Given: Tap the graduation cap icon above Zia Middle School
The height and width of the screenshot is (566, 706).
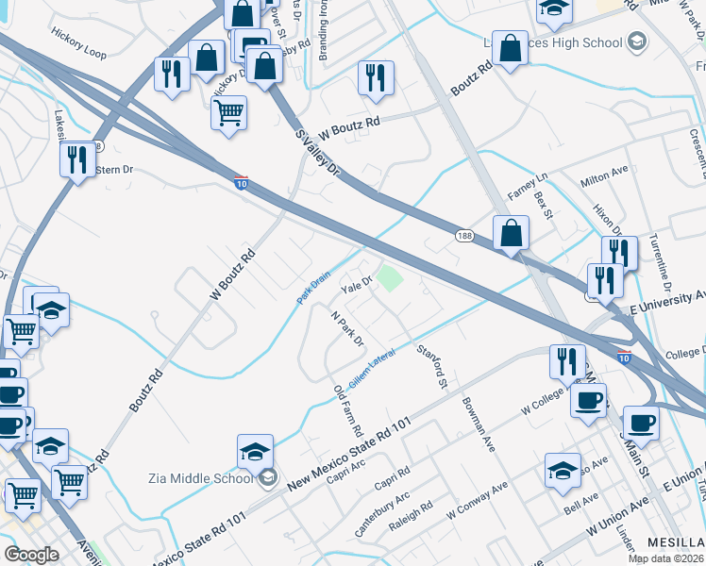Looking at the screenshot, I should click(255, 454).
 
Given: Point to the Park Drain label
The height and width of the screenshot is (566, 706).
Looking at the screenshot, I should click(313, 289).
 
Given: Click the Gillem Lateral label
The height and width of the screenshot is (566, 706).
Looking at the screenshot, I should click(371, 369).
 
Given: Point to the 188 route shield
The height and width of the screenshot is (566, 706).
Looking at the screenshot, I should click(463, 236).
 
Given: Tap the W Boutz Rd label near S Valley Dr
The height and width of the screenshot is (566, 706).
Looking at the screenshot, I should click(349, 123).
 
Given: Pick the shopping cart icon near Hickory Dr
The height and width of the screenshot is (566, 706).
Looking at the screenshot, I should click(228, 115).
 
